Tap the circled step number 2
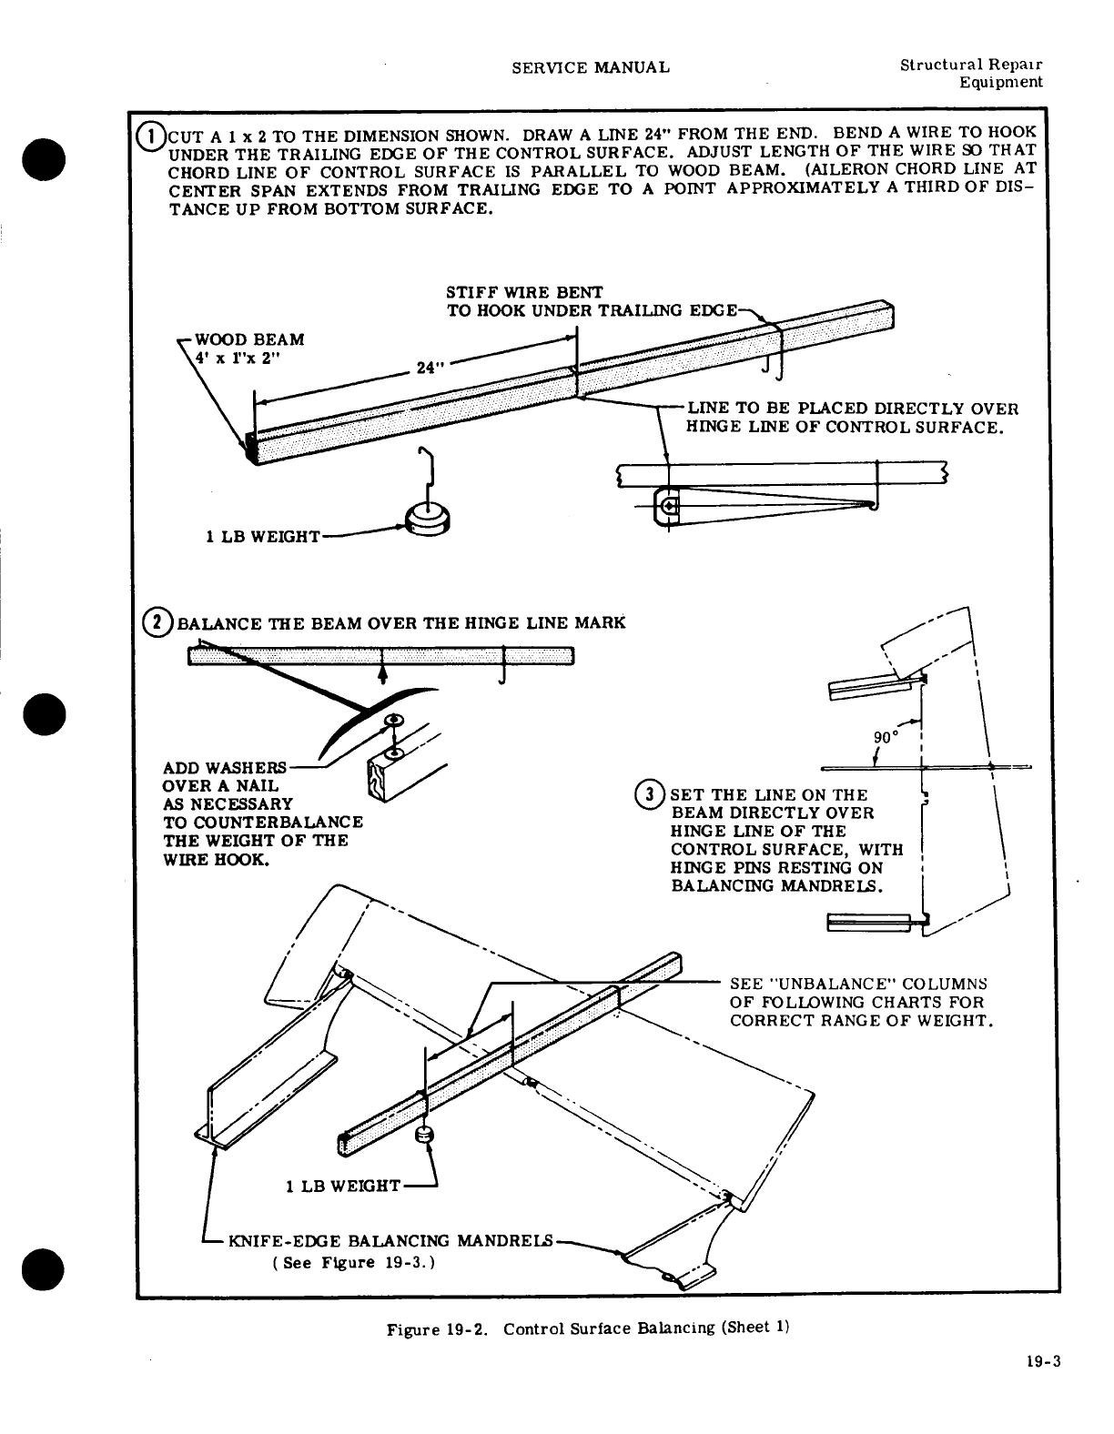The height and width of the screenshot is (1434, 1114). pos(159,623)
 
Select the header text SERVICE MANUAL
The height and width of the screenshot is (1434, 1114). pos(591,67)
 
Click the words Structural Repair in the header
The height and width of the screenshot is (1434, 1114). pos(970,66)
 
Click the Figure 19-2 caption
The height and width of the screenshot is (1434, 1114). pos(587,1328)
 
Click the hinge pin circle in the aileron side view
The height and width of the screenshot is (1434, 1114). pos(669,507)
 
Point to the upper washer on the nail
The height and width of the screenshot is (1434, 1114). pos(395,720)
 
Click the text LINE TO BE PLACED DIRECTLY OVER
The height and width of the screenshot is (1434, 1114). pos(852,409)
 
